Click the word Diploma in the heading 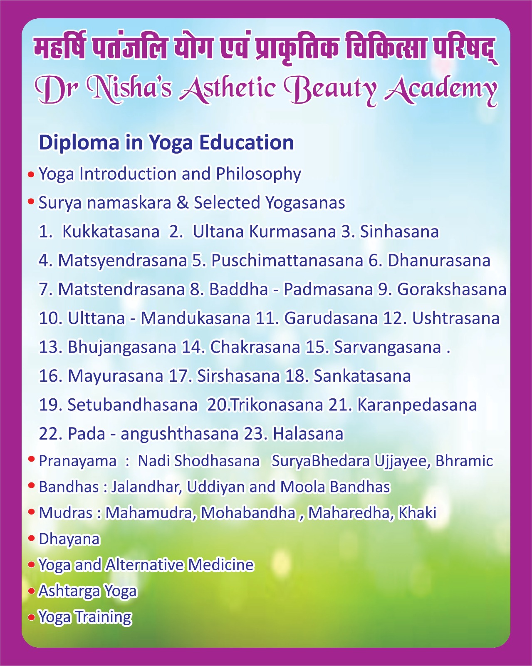(x=79, y=143)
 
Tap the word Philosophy (x=258, y=174)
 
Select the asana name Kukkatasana (x=111, y=231)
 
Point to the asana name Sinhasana (x=399, y=231)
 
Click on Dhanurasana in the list (x=439, y=260)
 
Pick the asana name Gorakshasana (x=452, y=289)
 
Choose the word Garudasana (x=331, y=318)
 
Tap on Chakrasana (x=255, y=347)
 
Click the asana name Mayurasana (x=115, y=376)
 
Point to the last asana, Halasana (x=308, y=434)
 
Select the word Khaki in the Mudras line (x=417, y=513)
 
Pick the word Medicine (x=221, y=565)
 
